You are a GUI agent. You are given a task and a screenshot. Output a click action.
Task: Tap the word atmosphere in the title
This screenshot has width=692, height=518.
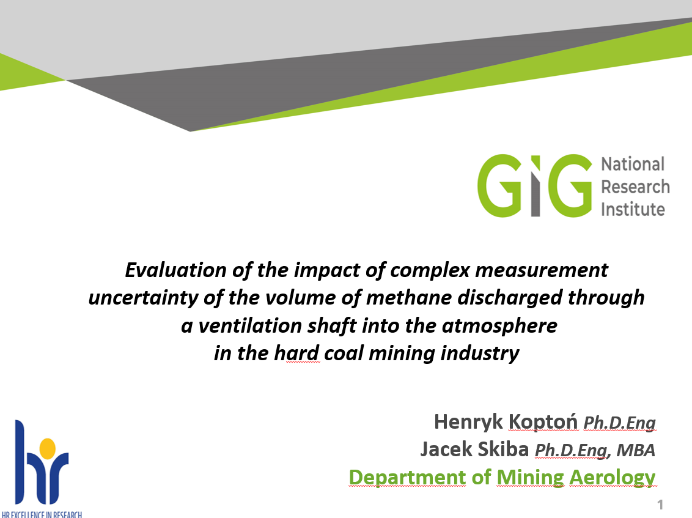[x=499, y=326]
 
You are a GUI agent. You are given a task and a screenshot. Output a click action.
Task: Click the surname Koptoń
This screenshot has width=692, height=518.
[x=543, y=421]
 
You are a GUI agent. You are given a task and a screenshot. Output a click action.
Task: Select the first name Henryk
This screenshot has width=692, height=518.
[x=468, y=422]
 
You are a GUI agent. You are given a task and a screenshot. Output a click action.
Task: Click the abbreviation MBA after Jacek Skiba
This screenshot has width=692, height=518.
[x=636, y=451]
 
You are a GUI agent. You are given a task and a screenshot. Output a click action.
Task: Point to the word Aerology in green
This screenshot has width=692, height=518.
[x=612, y=478]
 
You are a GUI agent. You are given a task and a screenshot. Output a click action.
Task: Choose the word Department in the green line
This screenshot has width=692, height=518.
[x=407, y=478]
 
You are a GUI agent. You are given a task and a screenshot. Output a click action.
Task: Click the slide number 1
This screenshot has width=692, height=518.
[x=660, y=504]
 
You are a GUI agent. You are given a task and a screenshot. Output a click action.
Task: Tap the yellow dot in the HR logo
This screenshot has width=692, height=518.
[x=48, y=448]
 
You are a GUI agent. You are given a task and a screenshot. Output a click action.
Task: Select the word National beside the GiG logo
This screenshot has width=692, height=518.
[x=633, y=165]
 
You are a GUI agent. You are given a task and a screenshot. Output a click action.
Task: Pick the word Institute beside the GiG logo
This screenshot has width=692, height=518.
[x=633, y=209]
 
